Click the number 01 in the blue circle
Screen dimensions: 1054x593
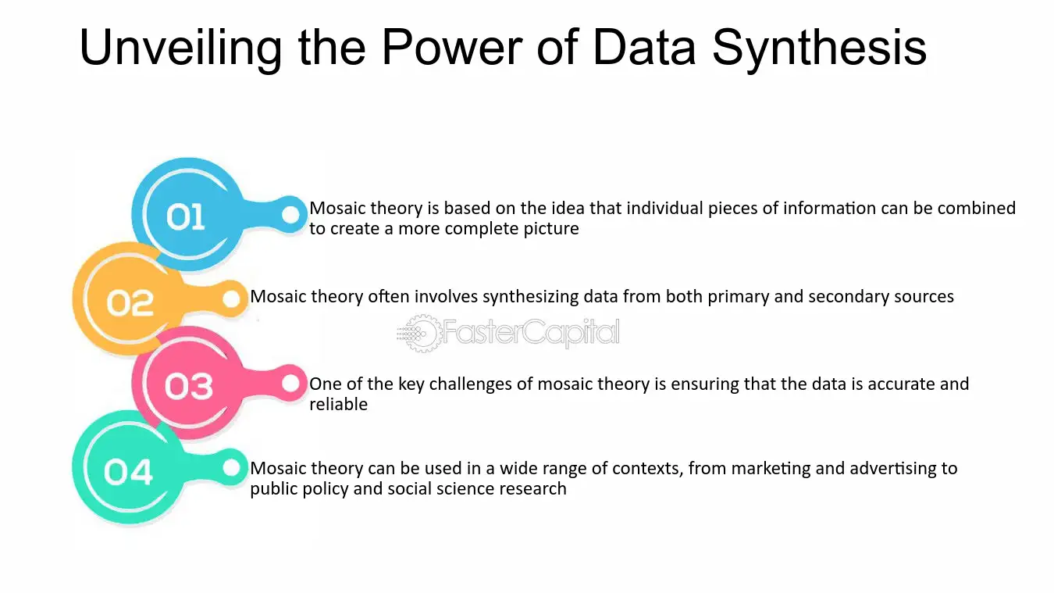185,216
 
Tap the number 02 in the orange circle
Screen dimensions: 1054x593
130,302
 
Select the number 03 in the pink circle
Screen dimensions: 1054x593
189,386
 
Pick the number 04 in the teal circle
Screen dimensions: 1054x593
128,471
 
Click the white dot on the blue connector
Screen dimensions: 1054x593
290,215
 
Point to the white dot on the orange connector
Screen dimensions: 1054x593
232,298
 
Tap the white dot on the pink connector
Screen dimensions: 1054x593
290,384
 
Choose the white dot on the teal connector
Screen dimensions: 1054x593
232,468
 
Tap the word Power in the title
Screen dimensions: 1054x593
452,47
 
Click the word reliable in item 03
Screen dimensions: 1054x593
338,404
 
